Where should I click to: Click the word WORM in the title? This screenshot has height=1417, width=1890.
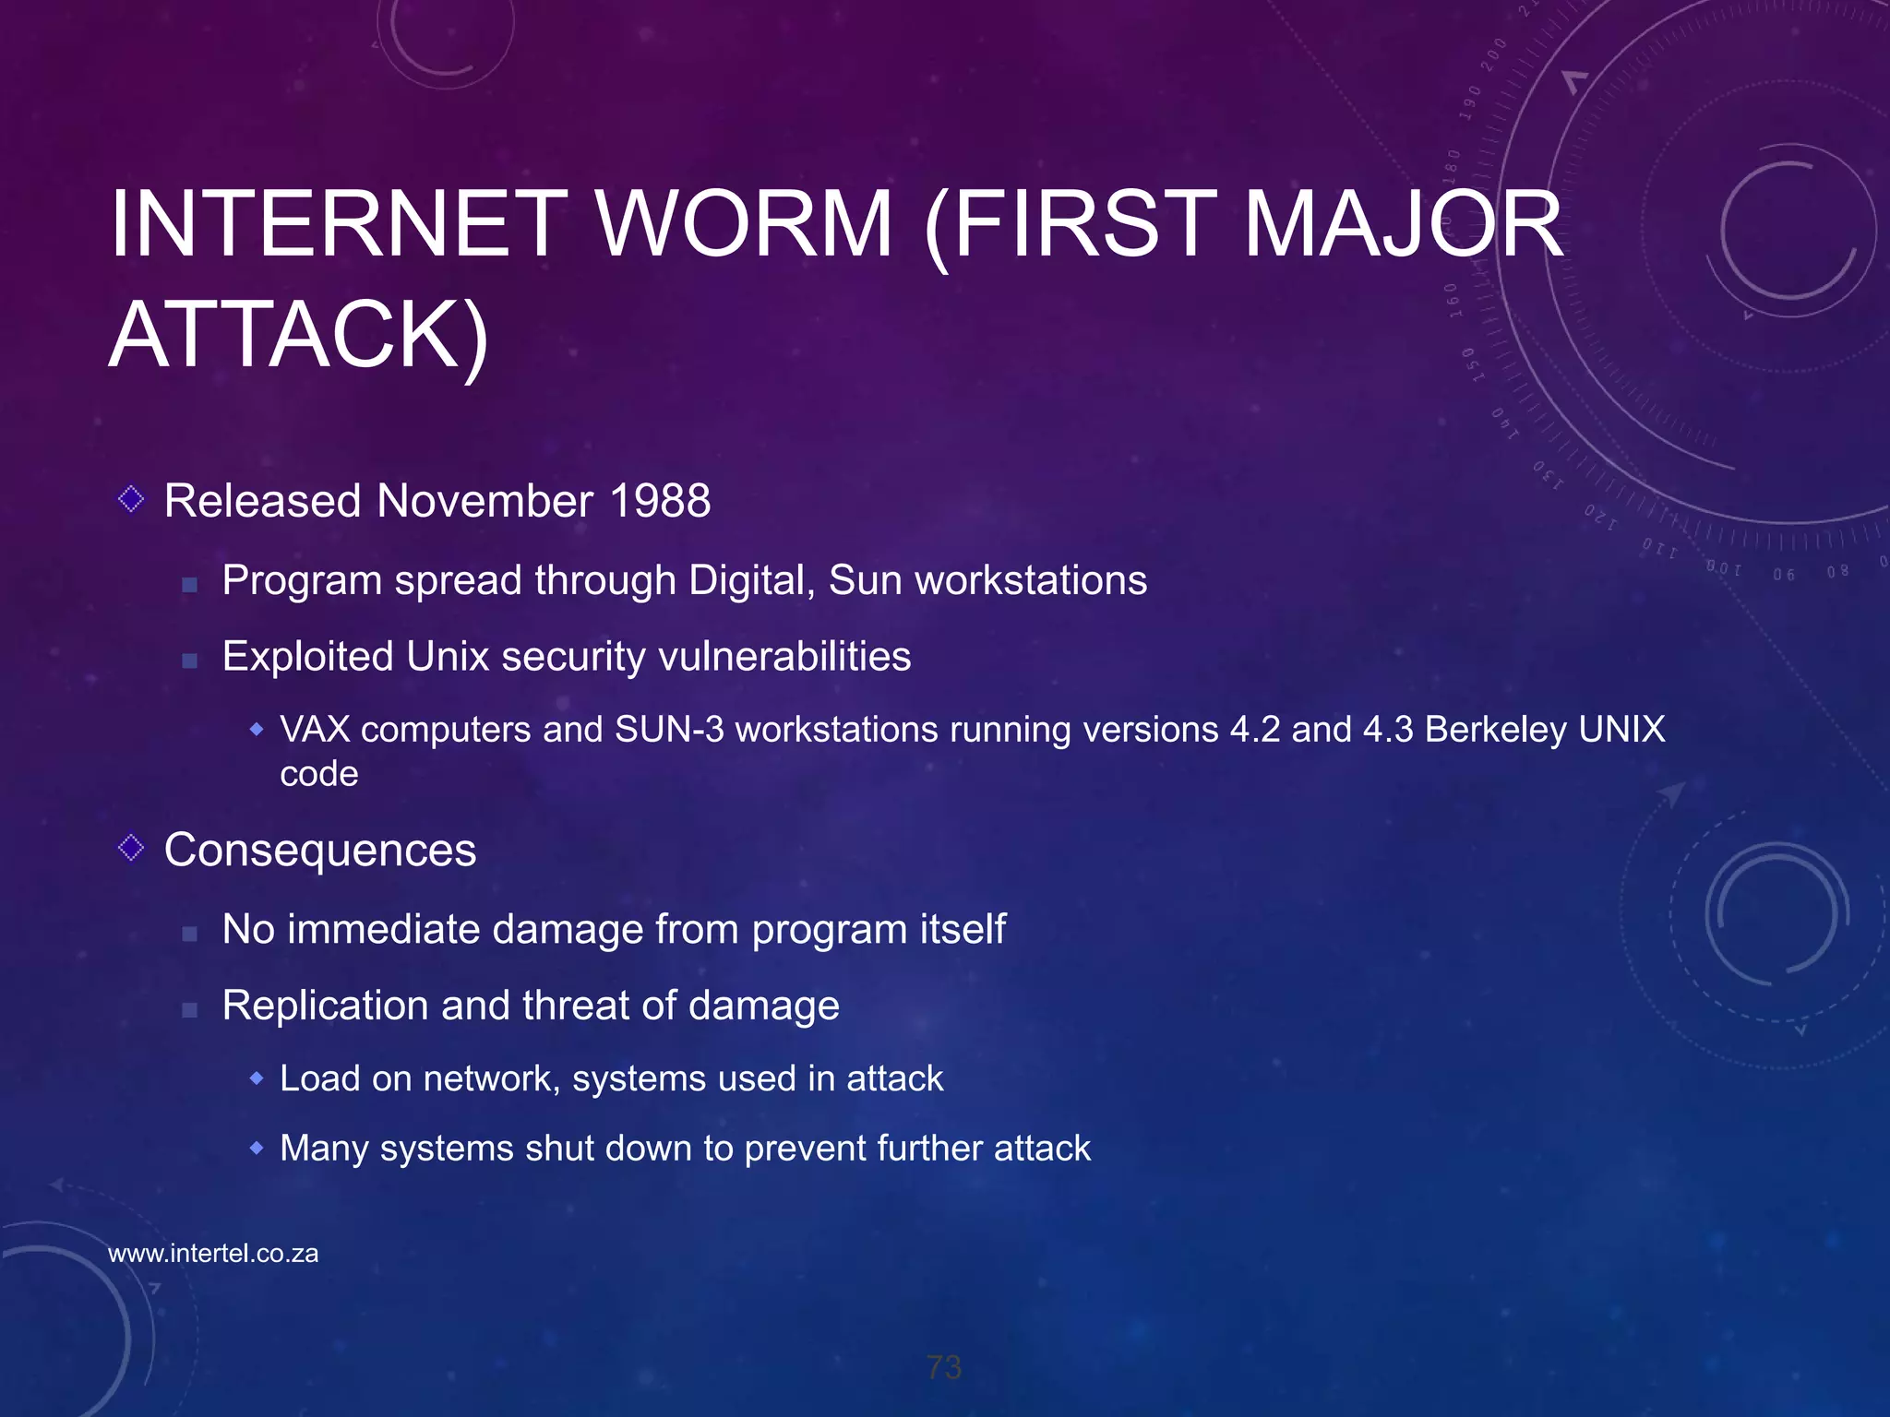click(x=745, y=224)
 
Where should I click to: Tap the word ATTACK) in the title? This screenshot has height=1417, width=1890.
click(x=298, y=335)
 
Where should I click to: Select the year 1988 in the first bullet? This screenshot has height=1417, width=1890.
click(x=660, y=502)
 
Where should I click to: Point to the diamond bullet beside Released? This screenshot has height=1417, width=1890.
click(x=132, y=499)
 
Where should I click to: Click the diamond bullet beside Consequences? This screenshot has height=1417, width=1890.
click(x=132, y=847)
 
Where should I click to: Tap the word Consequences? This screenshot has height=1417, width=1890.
click(x=320, y=851)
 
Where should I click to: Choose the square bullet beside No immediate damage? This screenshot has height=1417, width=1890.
click(x=189, y=934)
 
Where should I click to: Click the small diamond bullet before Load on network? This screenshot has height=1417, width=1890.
click(x=257, y=1078)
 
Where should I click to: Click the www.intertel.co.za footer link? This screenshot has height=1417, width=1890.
click(x=213, y=1254)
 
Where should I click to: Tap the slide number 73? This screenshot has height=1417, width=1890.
click(x=944, y=1367)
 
